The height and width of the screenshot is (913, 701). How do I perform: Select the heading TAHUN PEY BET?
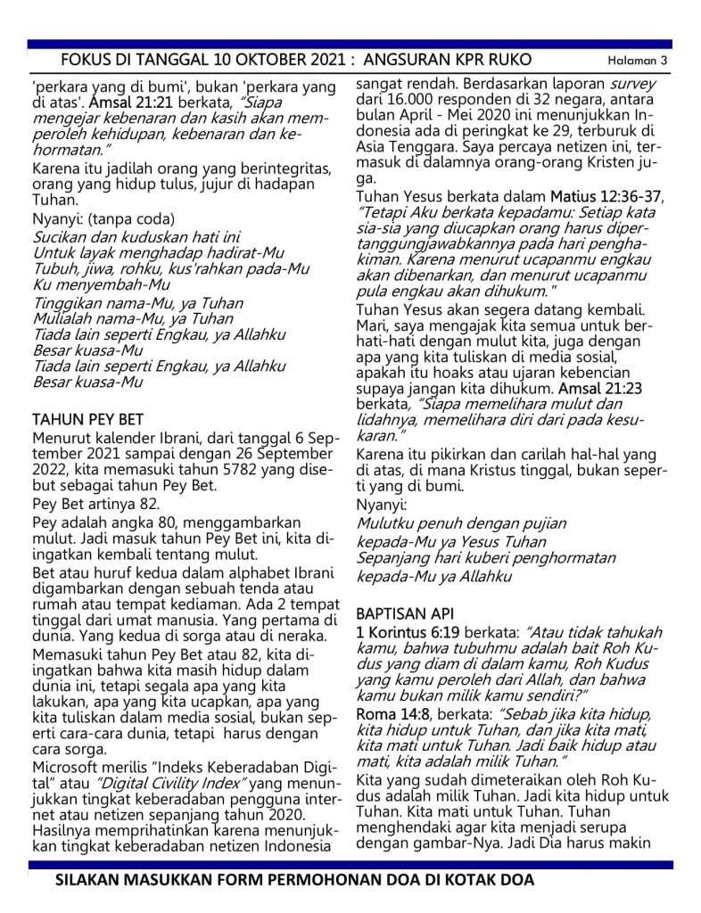(x=88, y=419)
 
